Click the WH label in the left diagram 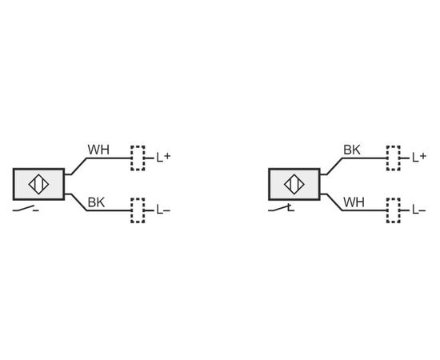pyautogui.click(x=98, y=150)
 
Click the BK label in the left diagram pyautogui.click(x=96, y=202)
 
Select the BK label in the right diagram pyautogui.click(x=352, y=150)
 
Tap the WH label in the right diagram pyautogui.click(x=354, y=202)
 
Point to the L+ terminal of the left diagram pyautogui.click(x=163, y=158)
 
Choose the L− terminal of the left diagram pyautogui.click(x=163, y=210)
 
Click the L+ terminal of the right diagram pyautogui.click(x=419, y=158)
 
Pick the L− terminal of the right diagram pyautogui.click(x=419, y=210)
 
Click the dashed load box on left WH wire pyautogui.click(x=138, y=158)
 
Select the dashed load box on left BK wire pyautogui.click(x=138, y=210)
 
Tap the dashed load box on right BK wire pyautogui.click(x=394, y=158)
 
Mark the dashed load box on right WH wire pyautogui.click(x=394, y=210)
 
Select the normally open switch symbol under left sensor pyautogui.click(x=26, y=209)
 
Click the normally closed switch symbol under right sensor pyautogui.click(x=281, y=208)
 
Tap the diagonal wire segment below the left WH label pyautogui.click(x=79, y=166)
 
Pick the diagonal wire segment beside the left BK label pyautogui.click(x=79, y=202)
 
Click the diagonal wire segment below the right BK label pyautogui.click(x=334, y=166)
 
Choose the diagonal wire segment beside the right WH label pyautogui.click(x=334, y=202)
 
